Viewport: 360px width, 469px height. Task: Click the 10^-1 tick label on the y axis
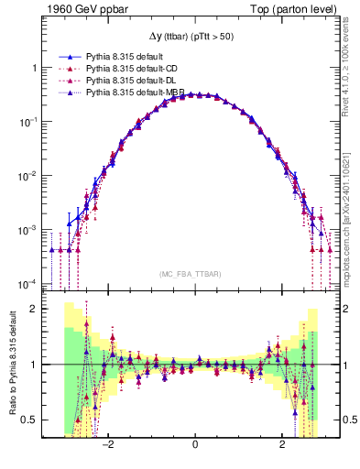[27, 121]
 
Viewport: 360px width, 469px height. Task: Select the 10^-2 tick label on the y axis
[27, 175]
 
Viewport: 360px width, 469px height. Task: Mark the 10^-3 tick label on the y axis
[27, 229]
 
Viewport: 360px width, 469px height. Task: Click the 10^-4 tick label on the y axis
[27, 283]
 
